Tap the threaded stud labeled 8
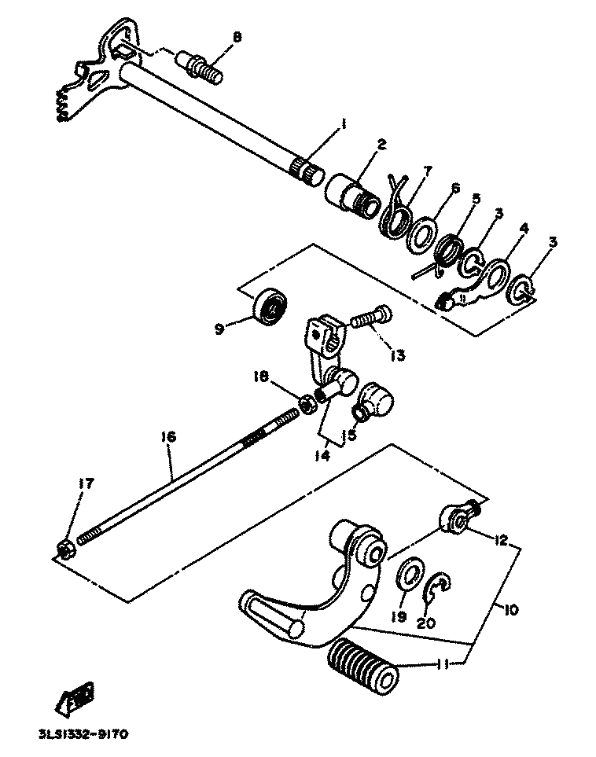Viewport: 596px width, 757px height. [203, 66]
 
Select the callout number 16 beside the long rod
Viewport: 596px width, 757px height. [169, 436]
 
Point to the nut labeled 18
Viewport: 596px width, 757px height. [309, 402]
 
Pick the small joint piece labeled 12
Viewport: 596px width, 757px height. [459, 517]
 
